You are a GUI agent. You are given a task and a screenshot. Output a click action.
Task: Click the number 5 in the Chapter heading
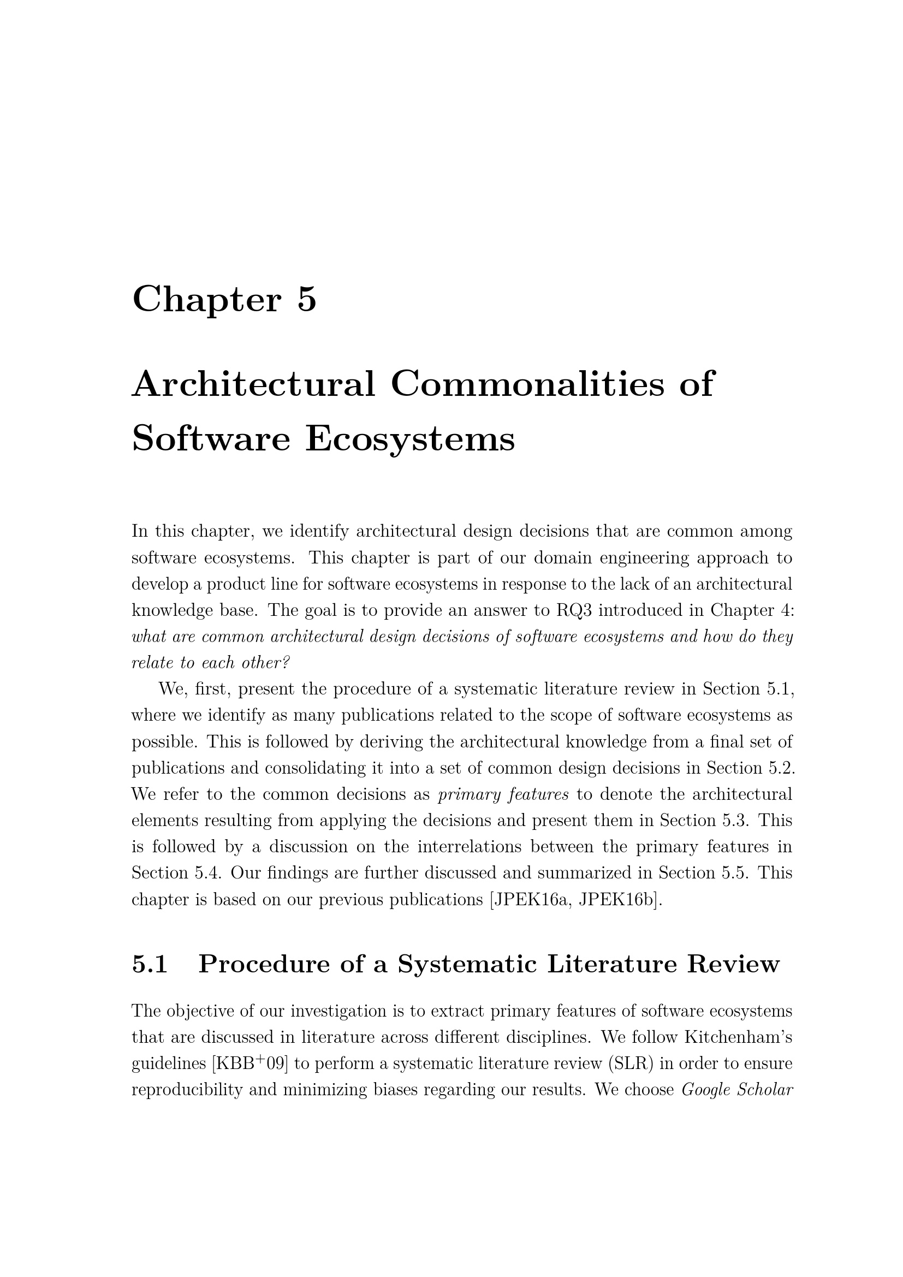[x=307, y=299]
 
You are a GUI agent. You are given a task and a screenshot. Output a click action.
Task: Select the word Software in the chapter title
[x=211, y=439]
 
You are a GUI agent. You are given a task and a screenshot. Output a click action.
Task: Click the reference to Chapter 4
[x=752, y=610]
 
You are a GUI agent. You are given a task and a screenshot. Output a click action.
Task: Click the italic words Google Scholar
[x=736, y=1089]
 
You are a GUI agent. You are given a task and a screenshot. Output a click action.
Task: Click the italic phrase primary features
[x=503, y=794]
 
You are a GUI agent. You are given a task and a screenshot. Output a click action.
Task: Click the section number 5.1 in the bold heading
[x=150, y=964]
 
